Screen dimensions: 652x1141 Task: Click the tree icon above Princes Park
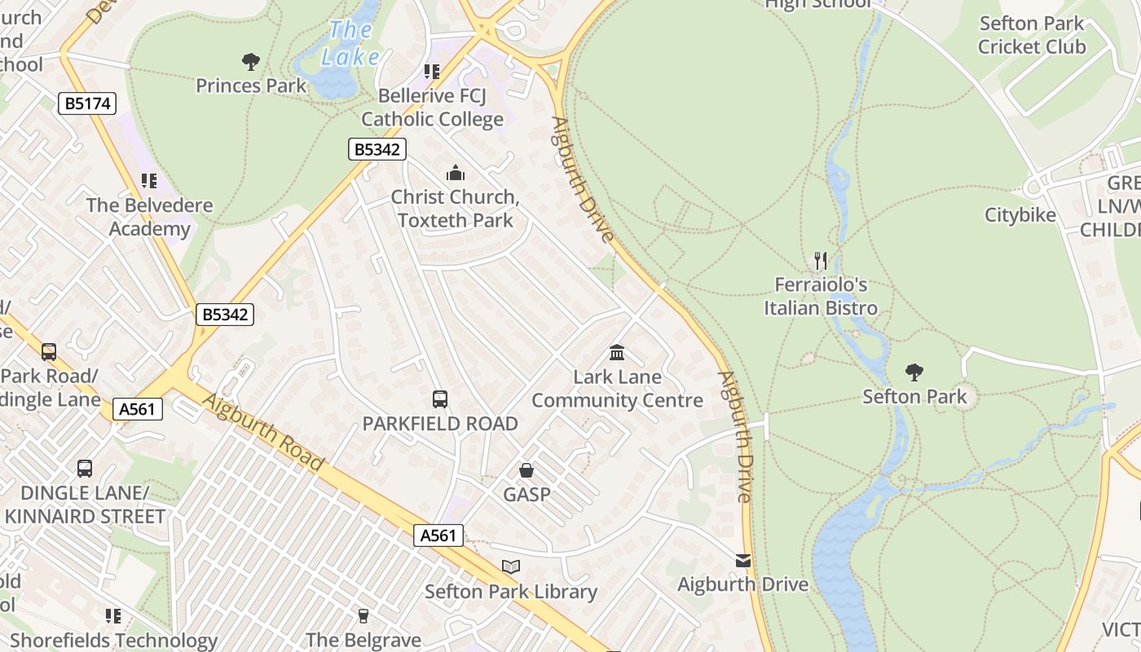(x=251, y=61)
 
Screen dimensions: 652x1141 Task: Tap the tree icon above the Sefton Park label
(x=914, y=372)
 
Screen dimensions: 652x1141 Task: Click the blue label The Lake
(x=351, y=44)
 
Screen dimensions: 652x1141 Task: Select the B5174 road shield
(x=87, y=104)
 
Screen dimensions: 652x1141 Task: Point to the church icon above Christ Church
(x=455, y=173)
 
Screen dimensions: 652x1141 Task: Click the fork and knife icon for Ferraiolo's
(x=821, y=261)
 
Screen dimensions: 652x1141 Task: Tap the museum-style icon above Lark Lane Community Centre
(x=617, y=353)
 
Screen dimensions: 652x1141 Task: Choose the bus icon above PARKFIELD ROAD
(x=440, y=399)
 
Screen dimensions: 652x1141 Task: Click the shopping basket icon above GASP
(x=526, y=470)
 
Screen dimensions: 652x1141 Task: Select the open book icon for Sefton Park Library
(x=511, y=566)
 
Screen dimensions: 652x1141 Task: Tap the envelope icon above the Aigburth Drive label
(x=743, y=561)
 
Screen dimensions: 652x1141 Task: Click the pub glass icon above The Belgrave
(x=363, y=615)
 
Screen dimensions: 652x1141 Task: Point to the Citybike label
(x=1020, y=215)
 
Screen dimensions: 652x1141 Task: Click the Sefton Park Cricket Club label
(x=1032, y=35)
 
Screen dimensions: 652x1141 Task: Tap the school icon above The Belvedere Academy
(x=148, y=180)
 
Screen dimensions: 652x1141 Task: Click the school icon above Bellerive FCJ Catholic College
(x=432, y=72)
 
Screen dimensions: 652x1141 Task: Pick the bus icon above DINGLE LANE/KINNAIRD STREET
(x=85, y=469)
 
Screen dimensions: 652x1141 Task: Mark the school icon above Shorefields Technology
(x=113, y=615)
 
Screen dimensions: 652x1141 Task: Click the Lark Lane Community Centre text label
(x=617, y=389)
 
